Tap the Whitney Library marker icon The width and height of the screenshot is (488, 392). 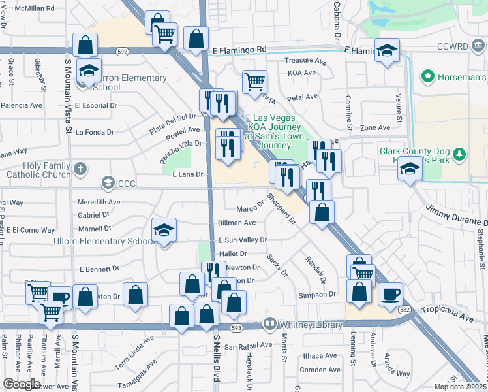(x=269, y=324)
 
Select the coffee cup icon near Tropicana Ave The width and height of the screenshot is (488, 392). (x=390, y=293)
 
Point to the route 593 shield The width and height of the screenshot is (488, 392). (x=236, y=327)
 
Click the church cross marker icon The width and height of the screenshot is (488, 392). (x=80, y=170)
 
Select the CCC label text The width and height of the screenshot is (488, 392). (x=127, y=184)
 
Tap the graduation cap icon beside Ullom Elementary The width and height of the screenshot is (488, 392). (x=164, y=230)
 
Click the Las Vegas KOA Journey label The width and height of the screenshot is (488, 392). (x=274, y=131)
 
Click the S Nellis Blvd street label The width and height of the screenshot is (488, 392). (x=217, y=359)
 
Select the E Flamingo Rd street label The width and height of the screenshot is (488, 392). (x=239, y=49)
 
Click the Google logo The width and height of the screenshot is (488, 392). (x=22, y=384)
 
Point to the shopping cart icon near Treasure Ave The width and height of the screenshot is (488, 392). (x=254, y=82)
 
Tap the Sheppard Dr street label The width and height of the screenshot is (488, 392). (x=282, y=208)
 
